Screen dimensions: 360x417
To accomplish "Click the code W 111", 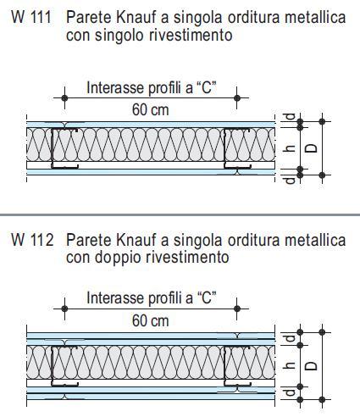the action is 31,18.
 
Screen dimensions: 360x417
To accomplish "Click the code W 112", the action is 32,240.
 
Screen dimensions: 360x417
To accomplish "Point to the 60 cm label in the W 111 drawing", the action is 151,109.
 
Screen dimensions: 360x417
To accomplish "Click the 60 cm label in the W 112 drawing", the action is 151,321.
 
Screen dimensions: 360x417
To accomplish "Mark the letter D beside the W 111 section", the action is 312,148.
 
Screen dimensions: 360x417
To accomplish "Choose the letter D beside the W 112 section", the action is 312,366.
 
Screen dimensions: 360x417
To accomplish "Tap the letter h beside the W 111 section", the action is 290,148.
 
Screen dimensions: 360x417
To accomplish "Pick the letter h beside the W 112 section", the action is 290,365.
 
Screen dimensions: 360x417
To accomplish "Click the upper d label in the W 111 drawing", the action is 290,117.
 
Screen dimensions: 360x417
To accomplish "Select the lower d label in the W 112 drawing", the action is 290,392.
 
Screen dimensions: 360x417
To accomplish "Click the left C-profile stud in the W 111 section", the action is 53,148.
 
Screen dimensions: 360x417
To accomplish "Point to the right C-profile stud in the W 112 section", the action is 225,366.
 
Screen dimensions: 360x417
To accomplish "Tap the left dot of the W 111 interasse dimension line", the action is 64,98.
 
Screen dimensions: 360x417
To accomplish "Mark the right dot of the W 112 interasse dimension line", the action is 237,309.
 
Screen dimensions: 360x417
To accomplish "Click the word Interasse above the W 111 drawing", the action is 115,87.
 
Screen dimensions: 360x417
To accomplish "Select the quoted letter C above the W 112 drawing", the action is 207,298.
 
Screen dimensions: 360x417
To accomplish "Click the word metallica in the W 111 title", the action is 315,18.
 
